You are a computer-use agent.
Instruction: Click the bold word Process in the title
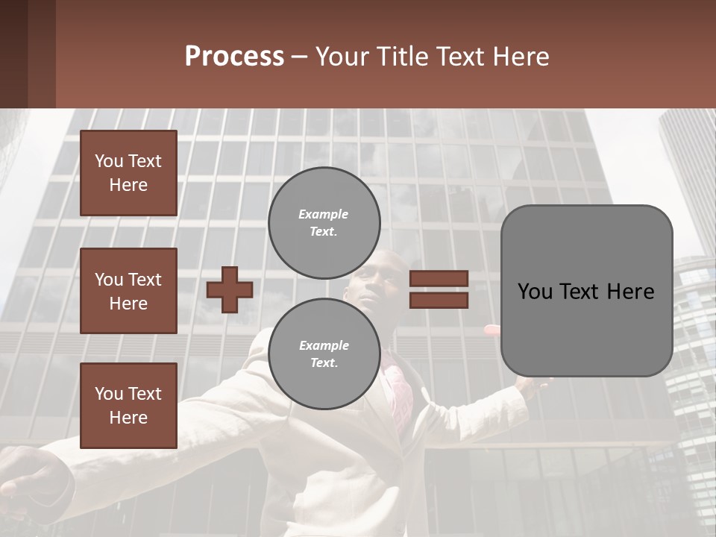coord(234,57)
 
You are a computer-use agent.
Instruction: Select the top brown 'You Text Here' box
coord(128,173)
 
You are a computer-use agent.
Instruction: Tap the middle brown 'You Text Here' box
coord(128,291)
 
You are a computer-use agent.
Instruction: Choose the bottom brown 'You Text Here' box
coord(128,406)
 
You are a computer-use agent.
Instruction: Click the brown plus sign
coord(229,289)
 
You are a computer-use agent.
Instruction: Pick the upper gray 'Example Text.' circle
coord(324,222)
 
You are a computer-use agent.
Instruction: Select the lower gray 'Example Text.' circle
coord(324,354)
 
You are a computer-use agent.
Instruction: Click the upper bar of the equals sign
coord(439,279)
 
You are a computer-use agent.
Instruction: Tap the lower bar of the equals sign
coord(439,300)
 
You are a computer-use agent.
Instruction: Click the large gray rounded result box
coord(586,291)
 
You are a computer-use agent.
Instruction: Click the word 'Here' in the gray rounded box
coord(632,292)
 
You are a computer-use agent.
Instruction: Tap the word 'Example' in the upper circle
coord(324,214)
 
